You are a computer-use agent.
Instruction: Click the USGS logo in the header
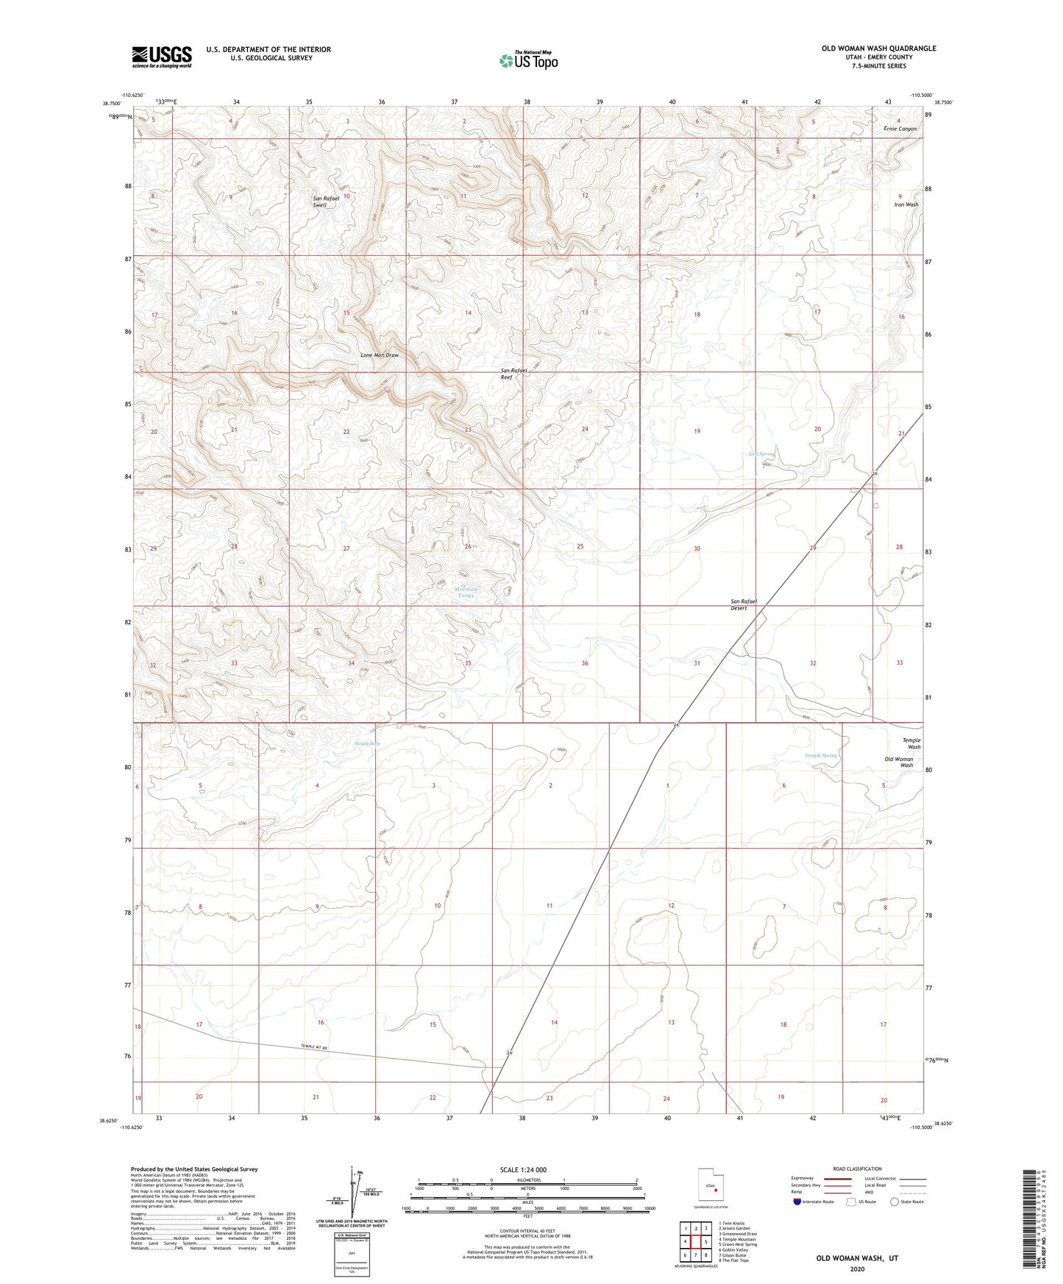(x=162, y=57)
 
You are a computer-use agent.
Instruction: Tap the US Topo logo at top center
(x=528, y=60)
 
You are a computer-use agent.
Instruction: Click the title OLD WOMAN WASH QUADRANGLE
(x=878, y=49)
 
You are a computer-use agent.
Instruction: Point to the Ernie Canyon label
(x=900, y=129)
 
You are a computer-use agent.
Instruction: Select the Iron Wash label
(x=906, y=204)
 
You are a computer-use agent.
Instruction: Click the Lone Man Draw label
(x=380, y=355)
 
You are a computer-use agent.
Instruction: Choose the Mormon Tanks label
(x=465, y=592)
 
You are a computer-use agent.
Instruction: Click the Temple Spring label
(x=820, y=755)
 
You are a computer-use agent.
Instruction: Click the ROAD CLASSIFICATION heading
(x=857, y=1169)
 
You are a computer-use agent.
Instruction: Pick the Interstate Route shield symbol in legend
(x=797, y=1202)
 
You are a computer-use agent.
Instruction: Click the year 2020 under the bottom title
(x=857, y=1269)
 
